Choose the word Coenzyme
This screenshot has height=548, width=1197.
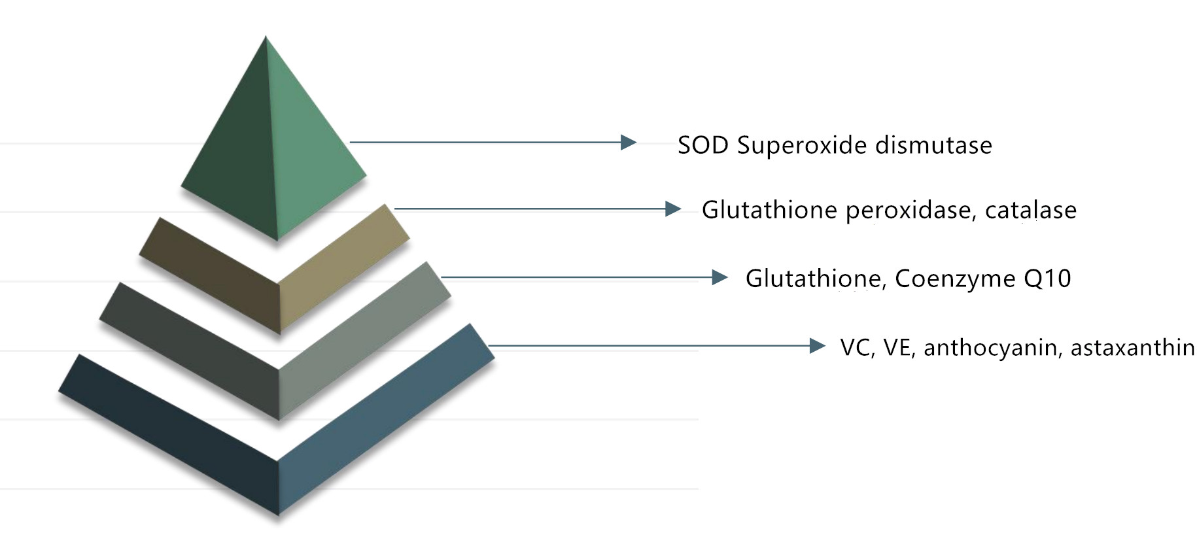click(x=955, y=279)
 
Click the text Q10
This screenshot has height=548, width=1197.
click(x=1047, y=279)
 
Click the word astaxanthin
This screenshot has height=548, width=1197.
click(x=1132, y=348)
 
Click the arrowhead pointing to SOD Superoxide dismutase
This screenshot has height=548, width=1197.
click(x=629, y=142)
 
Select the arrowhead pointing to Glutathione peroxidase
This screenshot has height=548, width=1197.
click(x=673, y=209)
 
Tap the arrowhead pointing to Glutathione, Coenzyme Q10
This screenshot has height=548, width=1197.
click(x=720, y=277)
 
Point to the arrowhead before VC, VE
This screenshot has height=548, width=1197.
click(x=818, y=346)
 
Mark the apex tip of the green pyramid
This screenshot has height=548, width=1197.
click(x=266, y=36)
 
